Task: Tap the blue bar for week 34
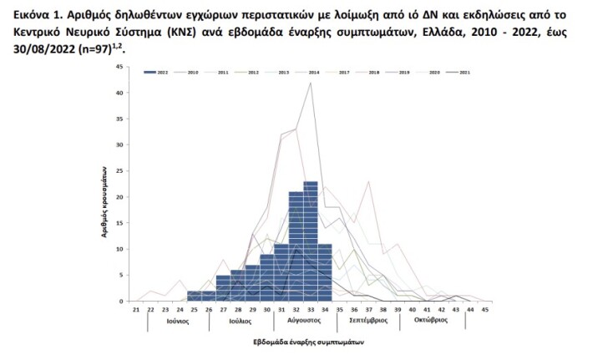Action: coord(325,271)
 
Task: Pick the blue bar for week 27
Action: coord(223,287)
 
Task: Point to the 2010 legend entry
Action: coord(190,74)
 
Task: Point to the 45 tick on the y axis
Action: coord(123,66)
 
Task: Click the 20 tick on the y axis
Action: coord(123,196)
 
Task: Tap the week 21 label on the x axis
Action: coord(135,309)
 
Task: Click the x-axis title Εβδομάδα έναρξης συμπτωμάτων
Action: coord(308,342)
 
